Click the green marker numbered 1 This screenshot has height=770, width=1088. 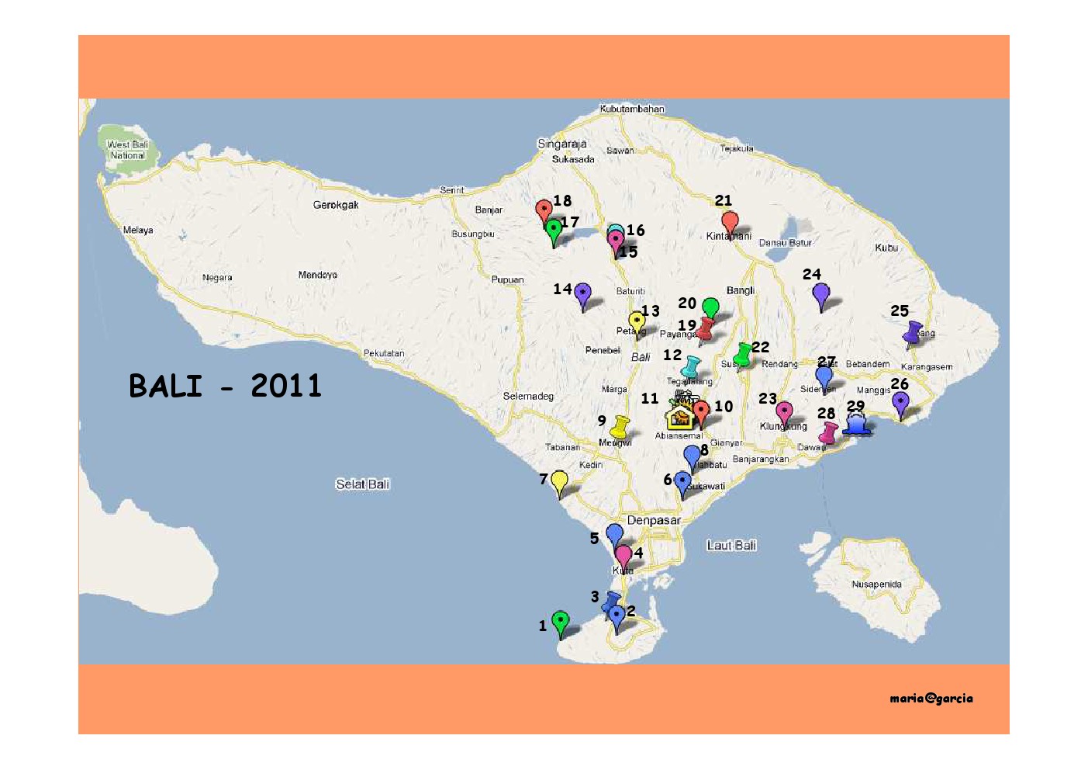click(x=560, y=622)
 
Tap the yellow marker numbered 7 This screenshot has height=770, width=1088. click(x=559, y=482)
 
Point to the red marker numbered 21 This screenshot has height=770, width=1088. click(x=730, y=223)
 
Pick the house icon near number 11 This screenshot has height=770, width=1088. click(x=679, y=417)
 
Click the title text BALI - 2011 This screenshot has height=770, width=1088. click(x=225, y=386)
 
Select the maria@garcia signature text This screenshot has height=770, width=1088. click(x=931, y=698)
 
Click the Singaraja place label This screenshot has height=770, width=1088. click(x=562, y=144)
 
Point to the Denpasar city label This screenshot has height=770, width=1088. click(x=654, y=520)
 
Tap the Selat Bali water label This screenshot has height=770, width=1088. click(x=362, y=484)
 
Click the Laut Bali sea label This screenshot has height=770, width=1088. click(x=731, y=546)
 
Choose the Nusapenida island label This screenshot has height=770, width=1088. click(x=876, y=584)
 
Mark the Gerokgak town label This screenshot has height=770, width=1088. click(x=336, y=205)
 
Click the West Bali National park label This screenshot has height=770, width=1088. click(x=128, y=150)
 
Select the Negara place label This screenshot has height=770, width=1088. click(x=217, y=277)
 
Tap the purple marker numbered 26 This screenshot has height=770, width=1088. click(x=900, y=403)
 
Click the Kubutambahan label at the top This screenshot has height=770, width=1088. click(x=632, y=109)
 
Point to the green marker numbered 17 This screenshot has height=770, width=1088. click(x=554, y=231)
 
